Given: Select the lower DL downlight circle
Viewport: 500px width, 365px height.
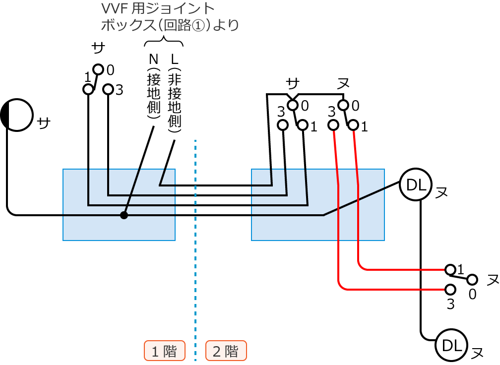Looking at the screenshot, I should click(450, 345).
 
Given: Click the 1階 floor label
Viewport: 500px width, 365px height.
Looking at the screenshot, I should click(164, 351).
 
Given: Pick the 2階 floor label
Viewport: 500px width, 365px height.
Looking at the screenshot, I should click(226, 351).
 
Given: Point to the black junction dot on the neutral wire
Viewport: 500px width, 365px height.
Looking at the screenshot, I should click(124, 215).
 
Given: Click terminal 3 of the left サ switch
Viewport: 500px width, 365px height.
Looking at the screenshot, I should click(108, 89).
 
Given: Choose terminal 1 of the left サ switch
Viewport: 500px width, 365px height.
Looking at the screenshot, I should click(88, 89).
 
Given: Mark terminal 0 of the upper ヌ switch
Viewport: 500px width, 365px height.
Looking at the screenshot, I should click(342, 105).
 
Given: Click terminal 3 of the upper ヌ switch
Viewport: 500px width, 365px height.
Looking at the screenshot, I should click(333, 125).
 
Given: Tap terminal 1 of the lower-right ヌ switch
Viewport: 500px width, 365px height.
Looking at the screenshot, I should click(450, 269).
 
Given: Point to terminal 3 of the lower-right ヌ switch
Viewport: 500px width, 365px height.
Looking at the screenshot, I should click(450, 289).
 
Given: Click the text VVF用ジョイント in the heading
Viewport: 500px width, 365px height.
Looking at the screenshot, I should click(158, 9).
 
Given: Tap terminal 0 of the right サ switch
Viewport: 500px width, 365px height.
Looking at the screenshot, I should click(293, 105).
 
